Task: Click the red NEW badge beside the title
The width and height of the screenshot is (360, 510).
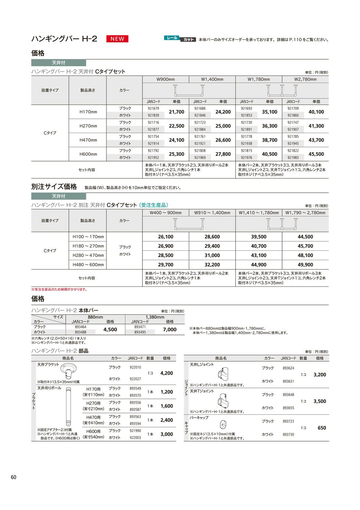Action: [x=118, y=39]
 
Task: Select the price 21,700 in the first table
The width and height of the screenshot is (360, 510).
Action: [x=176, y=112]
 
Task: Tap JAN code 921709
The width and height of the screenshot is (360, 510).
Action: [x=293, y=108]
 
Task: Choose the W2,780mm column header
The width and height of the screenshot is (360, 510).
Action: [x=305, y=79]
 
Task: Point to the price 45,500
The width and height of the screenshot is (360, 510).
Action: [x=316, y=154]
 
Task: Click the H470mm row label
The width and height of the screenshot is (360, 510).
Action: [x=88, y=140]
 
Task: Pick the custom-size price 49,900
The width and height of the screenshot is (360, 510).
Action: [x=305, y=265]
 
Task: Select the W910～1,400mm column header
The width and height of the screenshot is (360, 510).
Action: [x=212, y=213]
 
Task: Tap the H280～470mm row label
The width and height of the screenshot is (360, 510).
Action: [x=88, y=255]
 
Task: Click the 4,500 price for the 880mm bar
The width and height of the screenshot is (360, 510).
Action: [x=110, y=329]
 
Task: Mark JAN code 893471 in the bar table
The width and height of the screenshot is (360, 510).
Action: [x=140, y=327]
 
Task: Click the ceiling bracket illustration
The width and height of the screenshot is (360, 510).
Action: [x=68, y=372]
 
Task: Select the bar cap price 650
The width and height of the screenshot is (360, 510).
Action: [x=322, y=428]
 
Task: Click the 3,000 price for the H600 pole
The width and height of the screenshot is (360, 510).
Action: [x=167, y=434]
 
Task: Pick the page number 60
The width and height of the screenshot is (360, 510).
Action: [x=14, y=477]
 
